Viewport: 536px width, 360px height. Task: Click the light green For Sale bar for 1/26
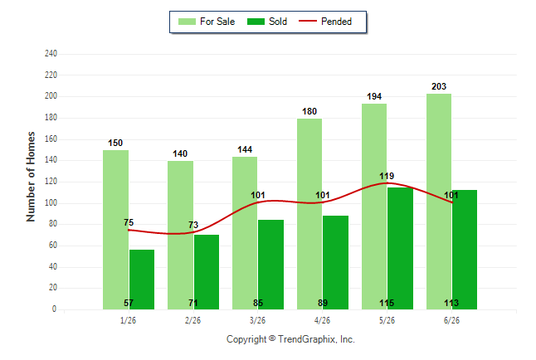[x=115, y=230]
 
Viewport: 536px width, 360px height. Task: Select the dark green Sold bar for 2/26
[x=207, y=272]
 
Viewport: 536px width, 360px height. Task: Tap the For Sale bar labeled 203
[x=439, y=202]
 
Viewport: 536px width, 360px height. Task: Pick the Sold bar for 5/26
[x=400, y=249]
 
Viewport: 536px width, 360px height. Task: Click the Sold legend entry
[x=267, y=22]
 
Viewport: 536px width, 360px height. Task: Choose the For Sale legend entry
[x=207, y=22]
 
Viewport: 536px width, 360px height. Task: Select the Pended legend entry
[x=325, y=22]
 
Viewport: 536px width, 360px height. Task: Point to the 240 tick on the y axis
[x=51, y=54]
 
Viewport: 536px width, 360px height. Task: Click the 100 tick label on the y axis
[x=51, y=202]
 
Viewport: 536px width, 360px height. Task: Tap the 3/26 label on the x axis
[x=257, y=320]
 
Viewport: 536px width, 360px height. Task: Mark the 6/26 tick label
[x=451, y=320]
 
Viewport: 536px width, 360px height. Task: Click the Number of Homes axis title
[x=31, y=177]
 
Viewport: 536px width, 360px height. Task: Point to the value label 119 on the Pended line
[x=387, y=176]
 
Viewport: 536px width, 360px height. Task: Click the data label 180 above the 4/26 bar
[x=309, y=111]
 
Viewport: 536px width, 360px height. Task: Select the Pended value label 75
[x=129, y=222]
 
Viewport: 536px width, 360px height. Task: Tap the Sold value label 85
[x=258, y=303]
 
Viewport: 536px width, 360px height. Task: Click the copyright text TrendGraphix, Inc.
[x=290, y=339]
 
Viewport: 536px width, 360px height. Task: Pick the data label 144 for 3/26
[x=245, y=150]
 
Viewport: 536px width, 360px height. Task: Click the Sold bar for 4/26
[x=336, y=263]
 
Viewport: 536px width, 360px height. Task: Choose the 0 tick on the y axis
[x=54, y=309]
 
